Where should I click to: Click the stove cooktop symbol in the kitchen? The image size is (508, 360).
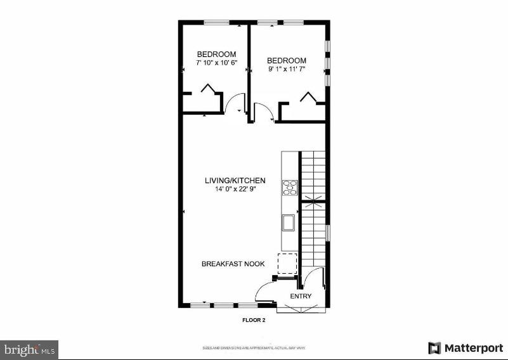[x=290, y=186]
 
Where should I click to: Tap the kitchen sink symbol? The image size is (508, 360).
[x=288, y=222]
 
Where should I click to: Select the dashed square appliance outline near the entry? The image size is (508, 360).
[x=287, y=262]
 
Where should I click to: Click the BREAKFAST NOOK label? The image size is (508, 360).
[x=233, y=264]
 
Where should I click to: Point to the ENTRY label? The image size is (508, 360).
[x=301, y=297]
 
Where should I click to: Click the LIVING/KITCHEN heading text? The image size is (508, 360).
[x=235, y=181]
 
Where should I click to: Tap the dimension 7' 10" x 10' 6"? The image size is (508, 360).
[x=216, y=64]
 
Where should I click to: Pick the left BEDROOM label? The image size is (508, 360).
[x=216, y=55]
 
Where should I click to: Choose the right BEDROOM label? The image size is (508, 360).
[x=286, y=61]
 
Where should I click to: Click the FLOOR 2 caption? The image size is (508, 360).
[x=254, y=320]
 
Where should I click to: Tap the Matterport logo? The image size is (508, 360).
[x=466, y=348]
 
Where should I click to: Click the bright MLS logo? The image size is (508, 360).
[x=29, y=349]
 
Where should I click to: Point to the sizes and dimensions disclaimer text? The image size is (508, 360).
[x=254, y=348]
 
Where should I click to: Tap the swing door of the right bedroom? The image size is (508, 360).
[x=263, y=113]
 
